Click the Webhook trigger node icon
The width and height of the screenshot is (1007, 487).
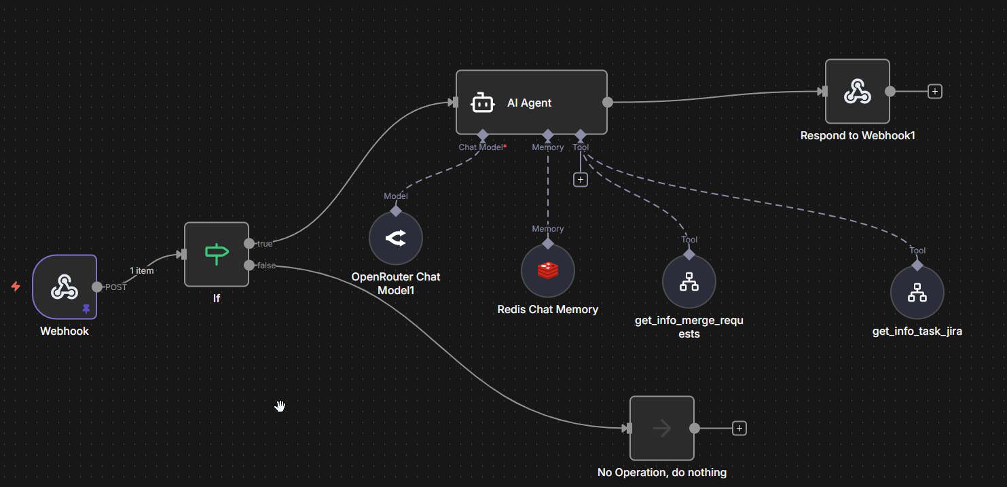click(x=65, y=287)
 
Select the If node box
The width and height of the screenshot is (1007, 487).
click(x=217, y=254)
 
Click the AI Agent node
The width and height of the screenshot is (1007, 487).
click(x=531, y=103)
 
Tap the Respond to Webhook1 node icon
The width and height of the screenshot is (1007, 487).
click(x=857, y=92)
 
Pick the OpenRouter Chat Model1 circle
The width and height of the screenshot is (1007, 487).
click(x=396, y=238)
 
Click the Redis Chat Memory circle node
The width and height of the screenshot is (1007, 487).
click(x=548, y=271)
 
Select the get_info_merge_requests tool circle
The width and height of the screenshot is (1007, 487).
click(x=689, y=282)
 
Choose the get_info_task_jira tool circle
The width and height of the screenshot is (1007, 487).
click(x=917, y=293)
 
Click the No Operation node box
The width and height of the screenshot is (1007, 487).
click(x=662, y=429)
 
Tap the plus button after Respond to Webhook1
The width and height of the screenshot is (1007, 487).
click(x=935, y=91)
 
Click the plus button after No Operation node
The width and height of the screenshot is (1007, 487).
click(x=739, y=428)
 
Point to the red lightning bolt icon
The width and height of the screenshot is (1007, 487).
click(x=16, y=287)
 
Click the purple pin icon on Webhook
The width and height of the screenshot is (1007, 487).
click(x=86, y=308)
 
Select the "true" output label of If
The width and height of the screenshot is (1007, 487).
click(x=265, y=244)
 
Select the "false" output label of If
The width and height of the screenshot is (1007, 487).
click(x=267, y=266)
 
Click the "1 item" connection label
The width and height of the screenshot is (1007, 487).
click(x=142, y=270)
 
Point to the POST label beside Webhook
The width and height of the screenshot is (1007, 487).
click(x=116, y=287)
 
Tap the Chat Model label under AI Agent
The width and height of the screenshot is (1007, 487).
click(x=482, y=147)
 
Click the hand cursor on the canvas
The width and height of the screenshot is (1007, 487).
click(x=280, y=406)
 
